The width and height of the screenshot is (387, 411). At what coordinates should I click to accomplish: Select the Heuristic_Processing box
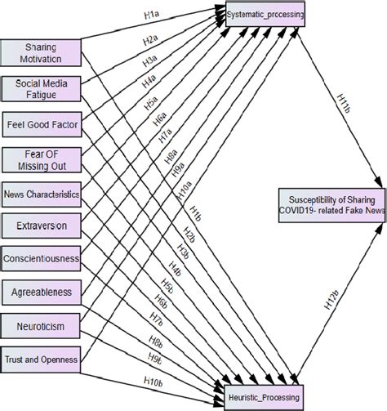264,398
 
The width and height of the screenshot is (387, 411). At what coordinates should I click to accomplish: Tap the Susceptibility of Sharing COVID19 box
331,204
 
